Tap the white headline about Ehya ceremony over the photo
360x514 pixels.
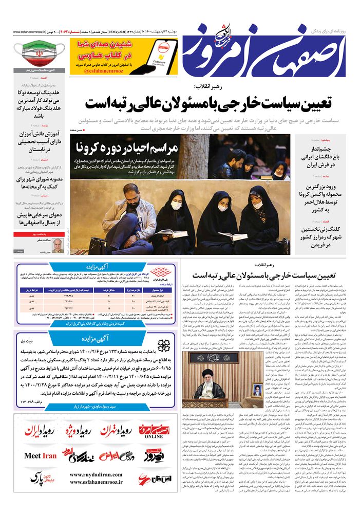point(127,149)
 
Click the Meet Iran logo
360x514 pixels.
point(41,455)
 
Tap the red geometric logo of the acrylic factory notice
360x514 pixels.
point(163,272)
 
